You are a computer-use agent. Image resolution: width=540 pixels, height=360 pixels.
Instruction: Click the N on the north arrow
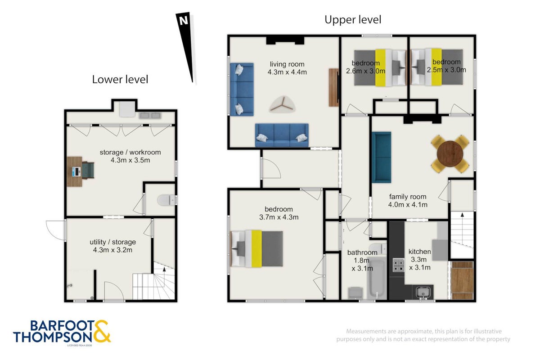[184, 21]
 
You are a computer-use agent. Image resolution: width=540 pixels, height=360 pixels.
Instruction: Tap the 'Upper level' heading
[353, 20]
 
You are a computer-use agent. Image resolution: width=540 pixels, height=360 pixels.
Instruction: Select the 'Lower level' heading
[120, 79]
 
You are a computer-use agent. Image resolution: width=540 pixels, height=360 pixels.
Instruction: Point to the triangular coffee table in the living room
[283, 104]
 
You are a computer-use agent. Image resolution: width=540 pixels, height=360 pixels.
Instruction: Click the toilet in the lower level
[166, 200]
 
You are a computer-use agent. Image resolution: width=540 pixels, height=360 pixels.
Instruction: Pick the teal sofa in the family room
[382, 157]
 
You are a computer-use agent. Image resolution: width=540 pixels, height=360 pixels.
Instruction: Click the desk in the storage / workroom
[75, 171]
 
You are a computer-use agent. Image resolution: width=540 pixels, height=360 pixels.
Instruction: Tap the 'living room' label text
[287, 64]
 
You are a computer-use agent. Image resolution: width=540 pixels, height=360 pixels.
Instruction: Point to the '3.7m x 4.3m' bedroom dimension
[279, 217]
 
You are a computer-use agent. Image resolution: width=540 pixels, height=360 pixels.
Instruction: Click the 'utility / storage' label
[113, 242]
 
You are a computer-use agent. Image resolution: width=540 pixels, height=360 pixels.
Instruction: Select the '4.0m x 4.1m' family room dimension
[408, 205]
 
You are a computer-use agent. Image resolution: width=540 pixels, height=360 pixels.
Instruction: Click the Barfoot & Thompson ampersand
[102, 331]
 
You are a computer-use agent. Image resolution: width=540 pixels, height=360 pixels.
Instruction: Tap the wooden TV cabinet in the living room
[334, 88]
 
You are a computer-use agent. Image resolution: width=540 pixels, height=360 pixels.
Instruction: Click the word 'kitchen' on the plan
[419, 252]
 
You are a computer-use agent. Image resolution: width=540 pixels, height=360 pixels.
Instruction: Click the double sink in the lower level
[150, 116]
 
